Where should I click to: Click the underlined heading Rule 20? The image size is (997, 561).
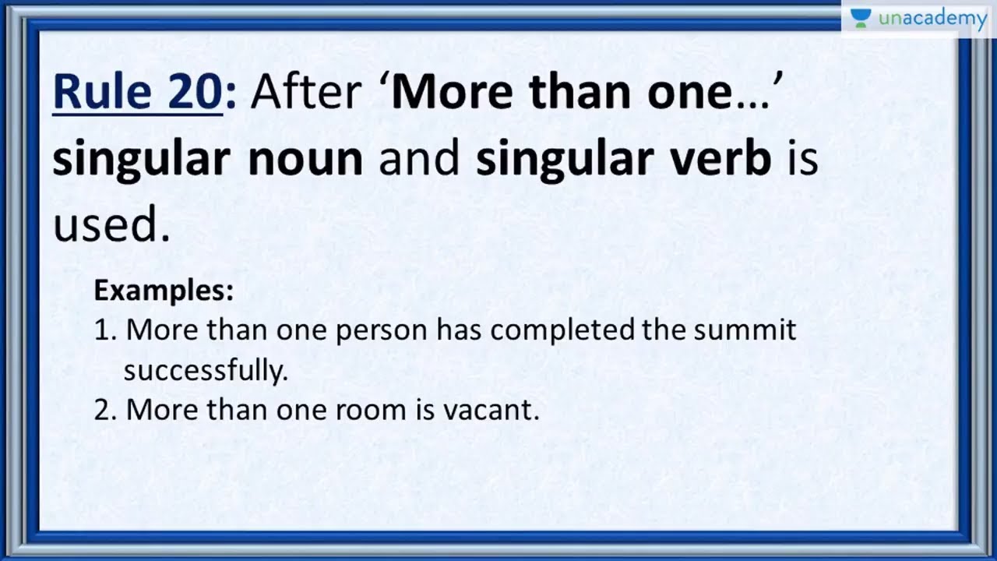pos(137,93)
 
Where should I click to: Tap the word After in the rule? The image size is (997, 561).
pos(305,93)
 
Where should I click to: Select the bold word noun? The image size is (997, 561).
pos(305,158)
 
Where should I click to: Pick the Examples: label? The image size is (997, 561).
pos(164,291)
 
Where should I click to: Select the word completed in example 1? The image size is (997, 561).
pos(562,330)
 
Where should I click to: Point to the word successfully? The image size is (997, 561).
pos(206,371)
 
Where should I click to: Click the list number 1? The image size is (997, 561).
pos(104,330)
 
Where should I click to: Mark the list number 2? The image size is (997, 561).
pos(104,410)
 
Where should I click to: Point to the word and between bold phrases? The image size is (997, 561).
pos(419,158)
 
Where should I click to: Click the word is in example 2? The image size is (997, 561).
pos(425,410)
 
